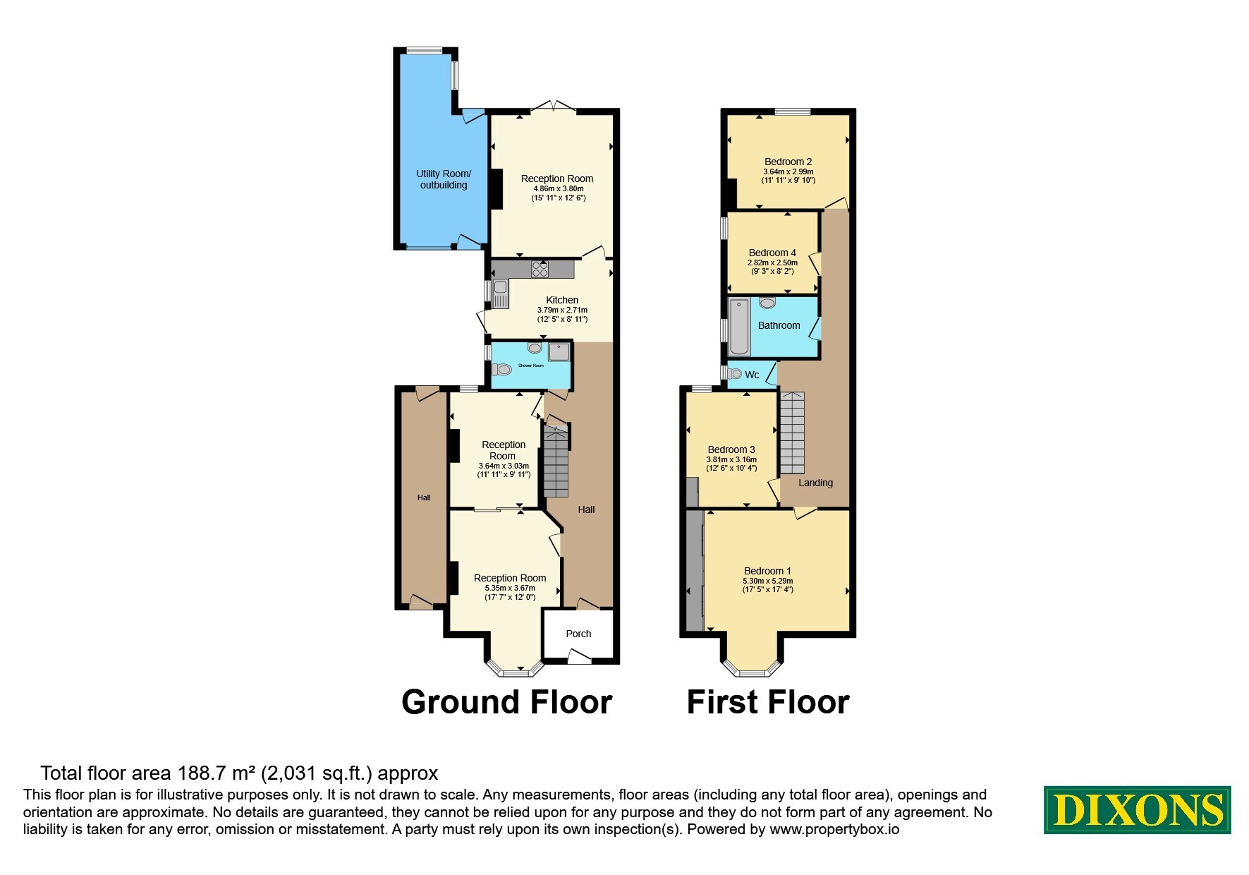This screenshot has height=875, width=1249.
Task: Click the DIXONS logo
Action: tap(1137, 809)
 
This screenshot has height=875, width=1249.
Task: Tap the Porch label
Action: tap(578, 634)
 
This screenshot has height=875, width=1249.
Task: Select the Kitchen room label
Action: tap(562, 300)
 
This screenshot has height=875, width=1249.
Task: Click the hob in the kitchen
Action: tap(541, 268)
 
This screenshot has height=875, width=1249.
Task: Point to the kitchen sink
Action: tap(501, 293)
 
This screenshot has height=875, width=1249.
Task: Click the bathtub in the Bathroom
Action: tap(738, 327)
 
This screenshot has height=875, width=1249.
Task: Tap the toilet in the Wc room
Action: tap(735, 374)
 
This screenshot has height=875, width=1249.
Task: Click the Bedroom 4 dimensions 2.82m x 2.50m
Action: tap(772, 262)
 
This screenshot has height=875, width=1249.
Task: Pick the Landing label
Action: tap(815, 483)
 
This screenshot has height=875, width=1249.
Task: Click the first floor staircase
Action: tap(792, 433)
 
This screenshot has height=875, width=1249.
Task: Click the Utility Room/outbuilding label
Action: tap(444, 179)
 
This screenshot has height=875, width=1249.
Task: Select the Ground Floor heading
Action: tap(506, 702)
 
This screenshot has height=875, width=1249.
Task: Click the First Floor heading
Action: tap(768, 702)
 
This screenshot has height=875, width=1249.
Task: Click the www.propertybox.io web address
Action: tap(834, 829)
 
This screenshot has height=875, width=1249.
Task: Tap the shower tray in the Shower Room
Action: tap(559, 351)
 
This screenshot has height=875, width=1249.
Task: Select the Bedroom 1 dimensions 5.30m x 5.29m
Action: tap(767, 581)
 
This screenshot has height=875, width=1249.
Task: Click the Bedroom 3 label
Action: tap(731, 449)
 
